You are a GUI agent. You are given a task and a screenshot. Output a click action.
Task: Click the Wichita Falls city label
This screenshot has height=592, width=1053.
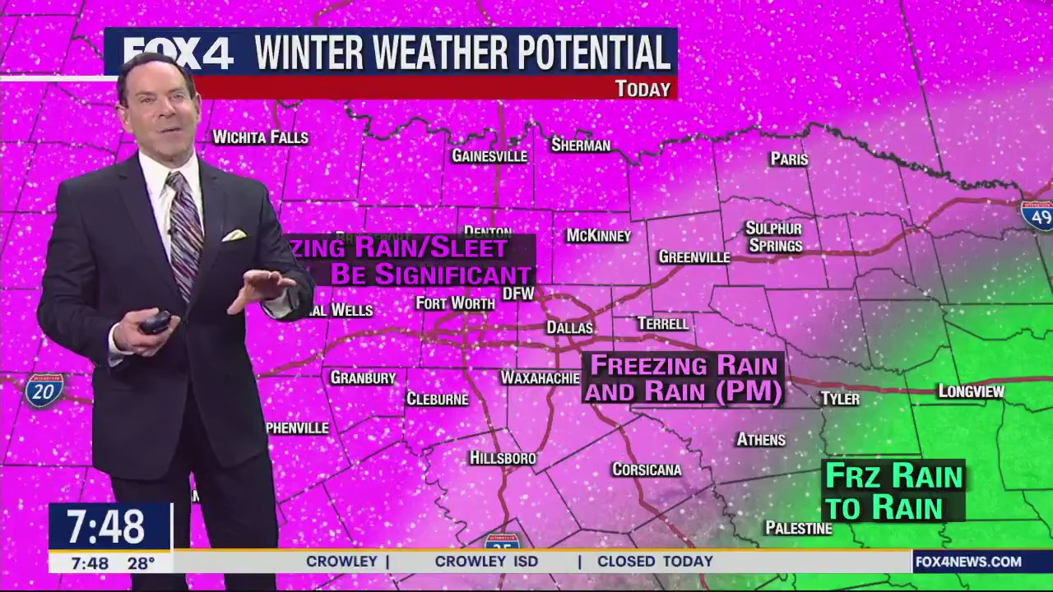[260, 137]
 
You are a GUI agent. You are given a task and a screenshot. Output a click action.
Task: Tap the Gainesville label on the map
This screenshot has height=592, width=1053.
[489, 155]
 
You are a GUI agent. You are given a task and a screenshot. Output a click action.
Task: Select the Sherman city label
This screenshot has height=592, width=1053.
[581, 146]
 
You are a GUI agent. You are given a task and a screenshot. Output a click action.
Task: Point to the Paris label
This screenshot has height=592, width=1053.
[789, 159]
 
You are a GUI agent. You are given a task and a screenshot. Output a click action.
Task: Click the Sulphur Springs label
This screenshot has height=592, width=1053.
[773, 237]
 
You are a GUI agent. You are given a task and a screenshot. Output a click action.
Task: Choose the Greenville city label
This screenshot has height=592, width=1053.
[694, 257]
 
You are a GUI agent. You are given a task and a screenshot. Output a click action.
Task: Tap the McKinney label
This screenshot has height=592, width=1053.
[598, 236]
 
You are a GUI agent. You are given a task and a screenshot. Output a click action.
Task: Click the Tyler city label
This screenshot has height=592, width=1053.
[840, 399]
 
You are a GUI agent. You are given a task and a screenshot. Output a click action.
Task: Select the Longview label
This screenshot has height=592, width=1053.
[971, 391]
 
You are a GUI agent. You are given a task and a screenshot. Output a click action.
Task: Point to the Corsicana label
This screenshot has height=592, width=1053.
[647, 469]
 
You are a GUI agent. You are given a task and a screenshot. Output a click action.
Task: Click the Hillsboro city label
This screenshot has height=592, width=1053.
[503, 458]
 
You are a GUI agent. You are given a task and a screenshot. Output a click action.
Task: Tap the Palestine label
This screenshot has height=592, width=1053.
[799, 528]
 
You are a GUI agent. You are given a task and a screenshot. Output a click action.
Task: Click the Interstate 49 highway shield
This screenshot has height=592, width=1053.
[1037, 214]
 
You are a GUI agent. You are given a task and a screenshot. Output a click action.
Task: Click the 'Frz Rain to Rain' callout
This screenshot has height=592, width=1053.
[893, 491]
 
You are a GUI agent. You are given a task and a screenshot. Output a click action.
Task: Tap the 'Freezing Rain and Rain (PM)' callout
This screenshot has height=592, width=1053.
[684, 378]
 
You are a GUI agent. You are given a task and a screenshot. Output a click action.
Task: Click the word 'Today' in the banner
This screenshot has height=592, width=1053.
[642, 89]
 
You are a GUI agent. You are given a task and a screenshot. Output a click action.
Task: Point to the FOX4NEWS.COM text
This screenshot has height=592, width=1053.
[968, 562]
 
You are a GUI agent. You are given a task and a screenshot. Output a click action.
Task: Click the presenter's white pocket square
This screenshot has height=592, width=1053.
[234, 235]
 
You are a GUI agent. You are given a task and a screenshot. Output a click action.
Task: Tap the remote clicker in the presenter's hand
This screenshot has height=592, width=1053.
[155, 322]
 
